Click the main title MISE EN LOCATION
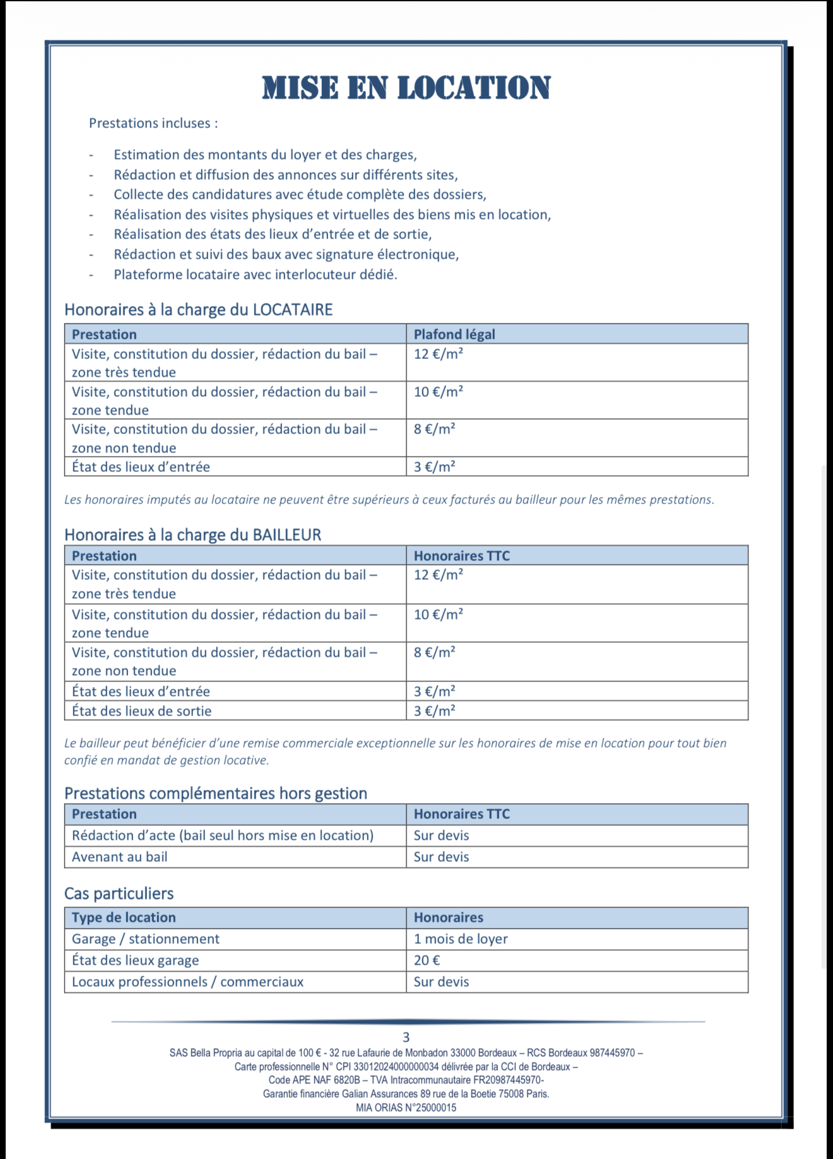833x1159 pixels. point(406,88)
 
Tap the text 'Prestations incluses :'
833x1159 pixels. point(153,123)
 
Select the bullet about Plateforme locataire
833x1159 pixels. point(255,274)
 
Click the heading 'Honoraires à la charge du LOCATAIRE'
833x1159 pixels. point(198,310)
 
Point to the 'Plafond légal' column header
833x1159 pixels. point(454,334)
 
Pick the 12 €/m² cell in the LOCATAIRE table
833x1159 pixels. point(439,354)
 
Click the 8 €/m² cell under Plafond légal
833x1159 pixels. point(435,430)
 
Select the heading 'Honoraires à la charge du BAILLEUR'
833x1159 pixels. point(192,535)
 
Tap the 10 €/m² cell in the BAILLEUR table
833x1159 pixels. point(439,615)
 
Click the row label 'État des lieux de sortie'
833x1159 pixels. point(141,711)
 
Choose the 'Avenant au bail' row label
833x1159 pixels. point(119,857)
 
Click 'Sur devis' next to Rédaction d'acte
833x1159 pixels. point(441,835)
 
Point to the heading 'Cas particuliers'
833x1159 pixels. point(119,893)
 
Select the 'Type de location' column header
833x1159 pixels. point(124,917)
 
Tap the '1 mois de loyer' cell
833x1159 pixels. point(461,939)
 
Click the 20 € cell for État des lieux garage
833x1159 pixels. point(427,960)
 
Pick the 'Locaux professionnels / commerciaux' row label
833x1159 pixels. point(187,982)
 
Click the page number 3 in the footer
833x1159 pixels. point(406,1037)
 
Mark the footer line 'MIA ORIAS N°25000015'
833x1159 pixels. point(406,1107)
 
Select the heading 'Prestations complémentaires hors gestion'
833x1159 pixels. point(215,793)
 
